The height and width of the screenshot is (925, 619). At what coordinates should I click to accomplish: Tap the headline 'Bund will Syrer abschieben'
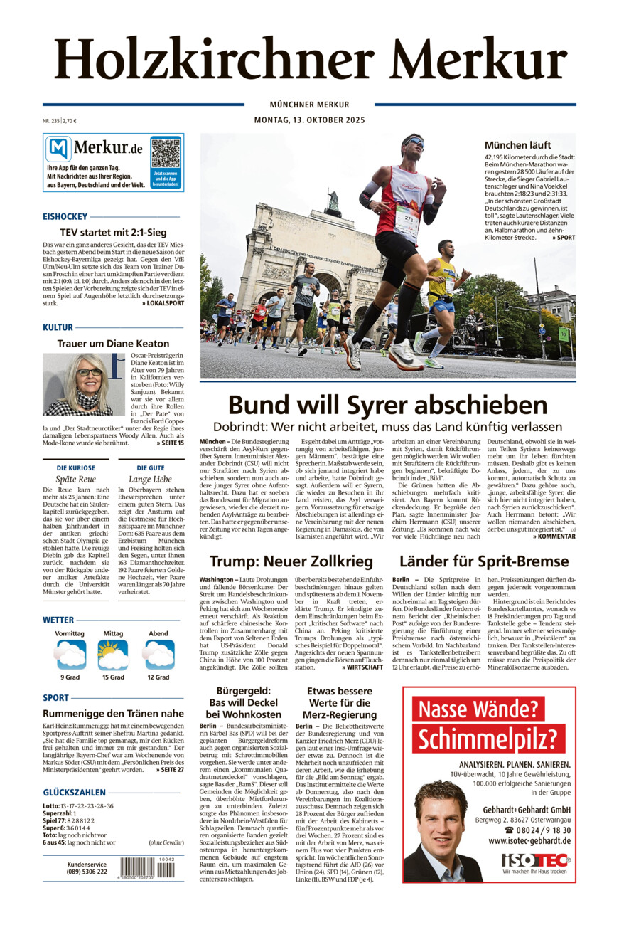click(387, 405)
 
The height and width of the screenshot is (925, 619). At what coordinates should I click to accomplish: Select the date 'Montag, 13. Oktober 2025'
click(309, 120)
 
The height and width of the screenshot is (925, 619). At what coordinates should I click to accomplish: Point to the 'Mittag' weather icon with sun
click(113, 655)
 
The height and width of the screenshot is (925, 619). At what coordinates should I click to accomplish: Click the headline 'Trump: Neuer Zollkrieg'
click(291, 561)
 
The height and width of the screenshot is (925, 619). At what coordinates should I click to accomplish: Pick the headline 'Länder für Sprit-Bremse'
click(483, 561)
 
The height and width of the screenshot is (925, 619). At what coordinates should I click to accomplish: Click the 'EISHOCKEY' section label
click(65, 216)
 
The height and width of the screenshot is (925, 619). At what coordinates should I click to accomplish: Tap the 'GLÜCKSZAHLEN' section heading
click(74, 792)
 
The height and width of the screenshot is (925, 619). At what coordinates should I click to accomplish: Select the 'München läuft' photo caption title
click(527, 145)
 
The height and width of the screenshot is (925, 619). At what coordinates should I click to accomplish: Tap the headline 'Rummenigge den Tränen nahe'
click(113, 713)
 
